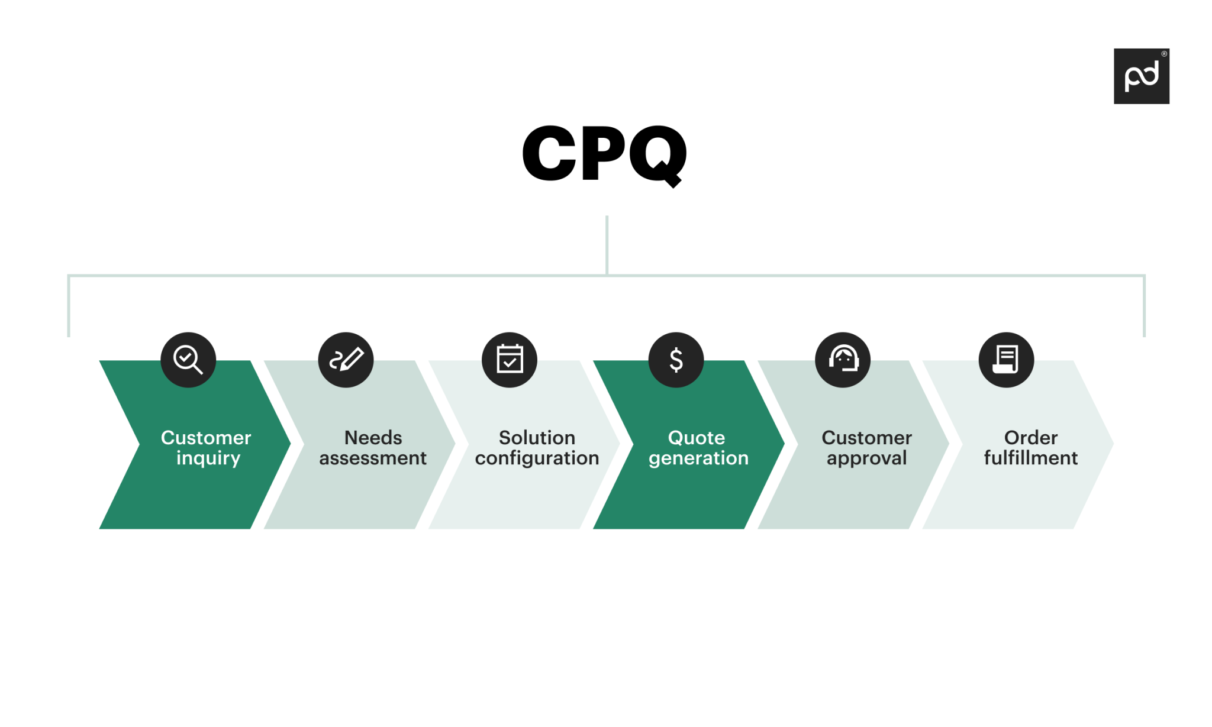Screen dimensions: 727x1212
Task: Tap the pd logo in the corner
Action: point(1140,76)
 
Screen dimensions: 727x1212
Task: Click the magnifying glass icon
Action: point(188,360)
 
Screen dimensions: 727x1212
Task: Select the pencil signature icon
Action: point(346,360)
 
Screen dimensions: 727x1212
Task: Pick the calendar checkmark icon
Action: point(509,360)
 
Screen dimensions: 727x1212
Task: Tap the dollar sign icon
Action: point(676,360)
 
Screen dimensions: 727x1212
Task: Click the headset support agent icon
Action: point(843,360)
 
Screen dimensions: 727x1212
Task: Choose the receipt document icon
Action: point(1006,360)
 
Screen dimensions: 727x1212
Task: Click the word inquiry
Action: point(208,458)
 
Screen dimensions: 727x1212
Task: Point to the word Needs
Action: point(373,438)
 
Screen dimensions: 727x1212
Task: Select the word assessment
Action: point(373,458)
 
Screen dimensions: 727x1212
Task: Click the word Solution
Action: point(537,438)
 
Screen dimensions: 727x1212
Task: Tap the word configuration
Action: point(537,458)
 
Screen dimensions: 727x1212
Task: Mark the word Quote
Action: point(697,438)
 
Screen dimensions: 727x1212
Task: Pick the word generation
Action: point(698,458)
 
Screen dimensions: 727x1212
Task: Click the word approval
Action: point(866,458)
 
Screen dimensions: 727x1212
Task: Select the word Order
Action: point(1030,438)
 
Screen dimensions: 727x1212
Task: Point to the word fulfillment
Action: point(1030,458)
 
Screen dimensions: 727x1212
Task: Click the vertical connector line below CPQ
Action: point(607,244)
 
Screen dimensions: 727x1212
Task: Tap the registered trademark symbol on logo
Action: point(1163,54)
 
